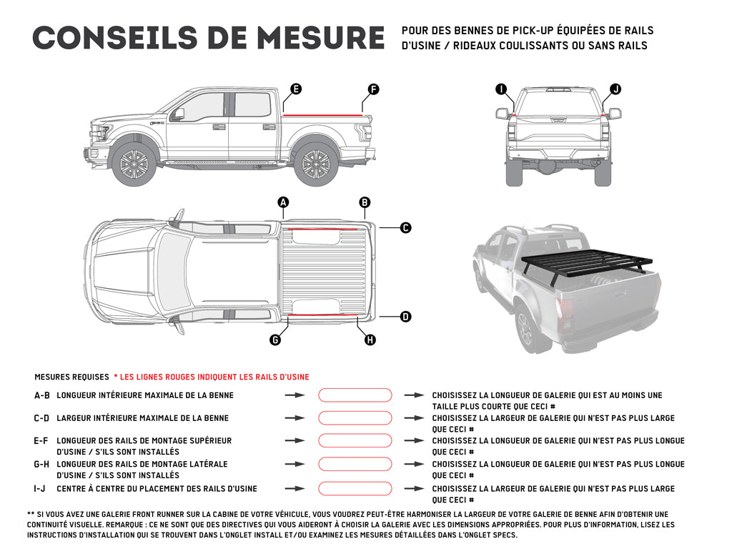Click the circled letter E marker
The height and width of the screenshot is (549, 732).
[x=295, y=89]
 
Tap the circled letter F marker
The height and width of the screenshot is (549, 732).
[x=373, y=89]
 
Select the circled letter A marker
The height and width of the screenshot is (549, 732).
[x=283, y=202]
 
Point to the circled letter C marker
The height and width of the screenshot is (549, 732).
[x=405, y=228]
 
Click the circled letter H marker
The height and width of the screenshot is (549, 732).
[x=370, y=340]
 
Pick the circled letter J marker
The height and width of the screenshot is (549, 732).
[x=615, y=89]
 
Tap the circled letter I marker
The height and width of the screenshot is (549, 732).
[x=501, y=89]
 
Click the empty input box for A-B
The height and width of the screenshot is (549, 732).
[x=355, y=395]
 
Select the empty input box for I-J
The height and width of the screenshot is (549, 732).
[x=355, y=489]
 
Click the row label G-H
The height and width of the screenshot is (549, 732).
[x=41, y=464]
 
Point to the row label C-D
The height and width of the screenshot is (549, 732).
[x=41, y=418]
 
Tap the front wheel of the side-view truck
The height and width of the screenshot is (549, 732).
[x=134, y=164]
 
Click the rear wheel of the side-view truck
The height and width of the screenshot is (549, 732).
[x=316, y=164]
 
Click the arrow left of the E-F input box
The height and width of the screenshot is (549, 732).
[x=294, y=441]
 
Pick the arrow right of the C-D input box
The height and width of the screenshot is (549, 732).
[x=414, y=418]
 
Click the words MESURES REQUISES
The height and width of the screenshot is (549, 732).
[x=71, y=377]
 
